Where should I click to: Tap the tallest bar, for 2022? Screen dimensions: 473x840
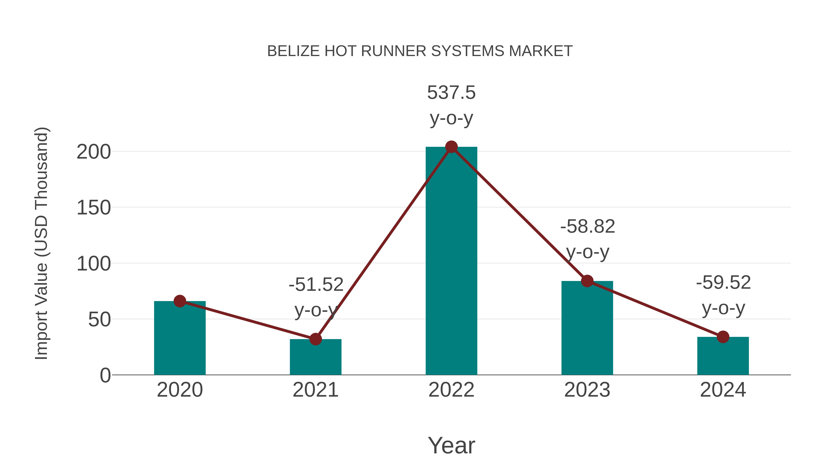tap(451, 261)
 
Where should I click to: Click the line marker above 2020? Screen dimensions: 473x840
tap(180, 301)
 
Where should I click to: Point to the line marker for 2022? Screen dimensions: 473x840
tap(451, 147)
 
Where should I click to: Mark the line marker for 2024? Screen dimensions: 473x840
tap(723, 337)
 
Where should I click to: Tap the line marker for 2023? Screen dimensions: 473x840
tap(587, 281)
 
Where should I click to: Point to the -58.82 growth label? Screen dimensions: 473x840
tap(588, 227)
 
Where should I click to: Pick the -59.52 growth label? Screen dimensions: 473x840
tap(723, 283)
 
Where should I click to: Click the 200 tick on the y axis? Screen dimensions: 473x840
tap(94, 152)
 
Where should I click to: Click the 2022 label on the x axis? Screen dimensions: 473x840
tap(451, 390)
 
